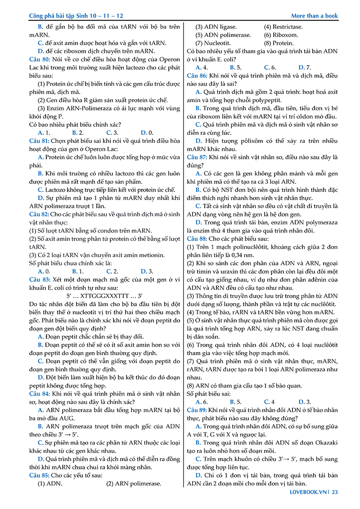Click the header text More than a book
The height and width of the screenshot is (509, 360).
(314, 16)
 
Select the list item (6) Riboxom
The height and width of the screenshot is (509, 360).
(281, 35)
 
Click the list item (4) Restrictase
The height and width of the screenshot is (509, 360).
(283, 27)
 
